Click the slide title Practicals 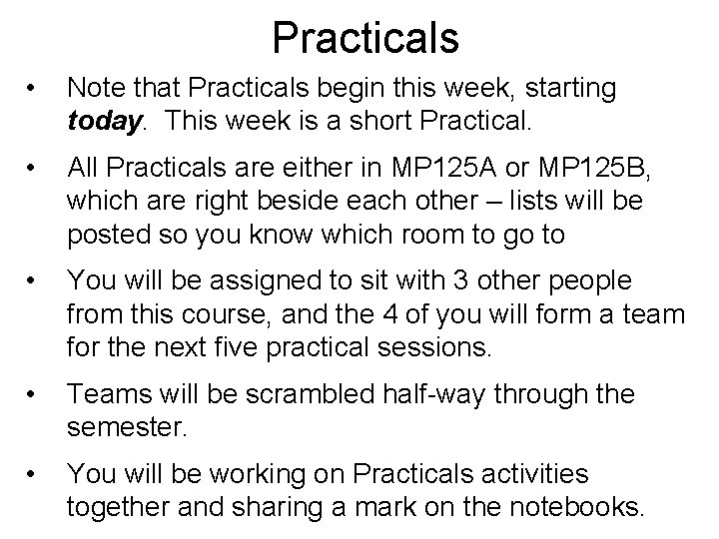coord(364,38)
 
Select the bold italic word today coord(104,121)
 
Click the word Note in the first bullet coord(97,89)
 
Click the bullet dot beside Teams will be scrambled coord(36,395)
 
